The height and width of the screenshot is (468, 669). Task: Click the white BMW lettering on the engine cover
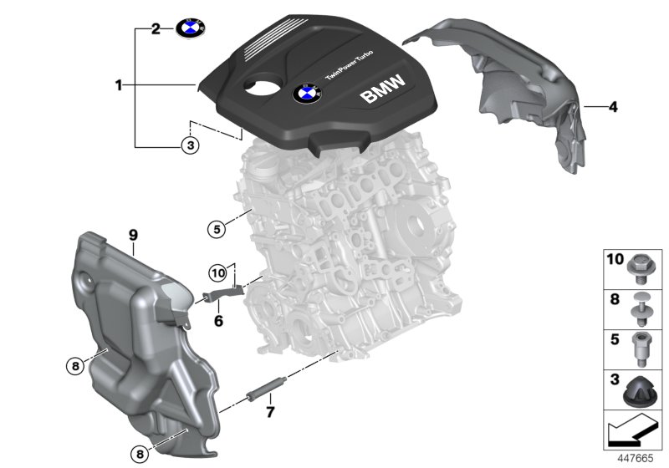coord(381,89)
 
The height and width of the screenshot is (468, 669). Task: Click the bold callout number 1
coord(120,84)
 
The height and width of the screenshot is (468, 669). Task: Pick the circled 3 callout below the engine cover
coord(191,145)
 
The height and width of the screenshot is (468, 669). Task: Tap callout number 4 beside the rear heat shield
coord(612,106)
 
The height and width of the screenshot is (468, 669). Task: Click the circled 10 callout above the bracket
coord(217,271)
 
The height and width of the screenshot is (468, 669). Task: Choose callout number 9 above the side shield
coord(133,237)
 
